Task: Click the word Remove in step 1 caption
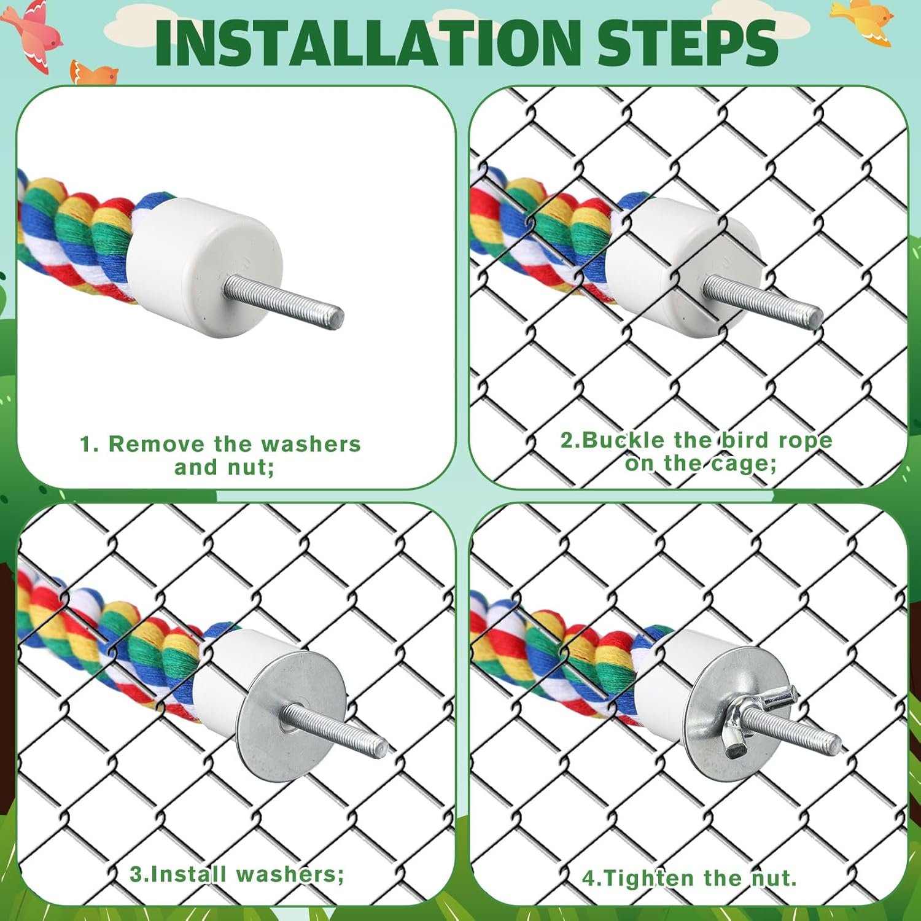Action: (157, 444)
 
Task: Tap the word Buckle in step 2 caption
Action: (624, 440)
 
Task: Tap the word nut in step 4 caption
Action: (775, 879)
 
